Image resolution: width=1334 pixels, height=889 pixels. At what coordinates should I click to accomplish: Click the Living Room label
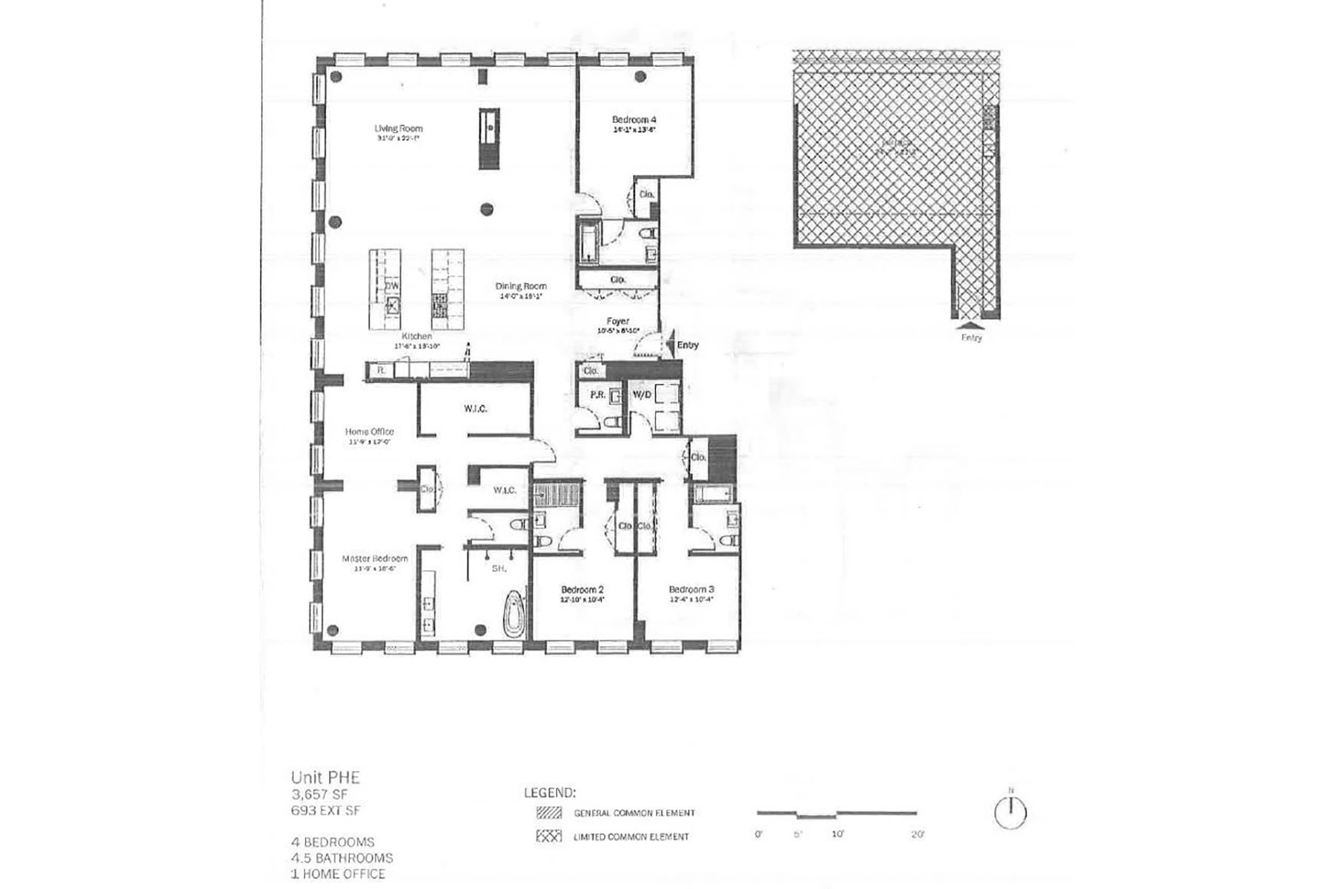tap(398, 128)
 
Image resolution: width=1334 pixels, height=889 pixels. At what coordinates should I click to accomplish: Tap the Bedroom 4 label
tap(634, 119)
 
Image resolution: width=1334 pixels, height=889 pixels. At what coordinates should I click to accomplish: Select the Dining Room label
tap(521, 286)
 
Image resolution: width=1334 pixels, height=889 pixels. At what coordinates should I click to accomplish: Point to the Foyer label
tap(617, 322)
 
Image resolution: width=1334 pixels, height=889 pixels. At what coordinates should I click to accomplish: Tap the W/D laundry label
tap(642, 394)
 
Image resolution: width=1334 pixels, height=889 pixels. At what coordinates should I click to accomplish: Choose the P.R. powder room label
tap(597, 395)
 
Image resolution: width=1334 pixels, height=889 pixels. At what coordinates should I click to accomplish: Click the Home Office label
tap(369, 431)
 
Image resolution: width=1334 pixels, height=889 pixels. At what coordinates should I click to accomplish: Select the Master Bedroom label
tap(374, 559)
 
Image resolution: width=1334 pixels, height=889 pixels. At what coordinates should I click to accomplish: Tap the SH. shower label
tap(499, 568)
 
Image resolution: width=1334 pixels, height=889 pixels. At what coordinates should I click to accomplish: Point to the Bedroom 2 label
tap(583, 590)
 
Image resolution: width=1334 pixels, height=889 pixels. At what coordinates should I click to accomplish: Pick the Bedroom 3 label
tap(691, 590)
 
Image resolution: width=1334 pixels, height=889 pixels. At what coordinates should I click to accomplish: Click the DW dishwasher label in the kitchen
tap(391, 285)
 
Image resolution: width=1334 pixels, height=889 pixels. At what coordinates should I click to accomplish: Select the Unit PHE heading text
tap(325, 778)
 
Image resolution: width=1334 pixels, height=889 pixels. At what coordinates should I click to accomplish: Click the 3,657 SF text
tap(321, 794)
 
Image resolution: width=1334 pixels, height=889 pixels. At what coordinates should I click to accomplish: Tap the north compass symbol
tap(1009, 812)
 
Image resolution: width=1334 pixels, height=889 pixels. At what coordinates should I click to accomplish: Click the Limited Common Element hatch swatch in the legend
tap(549, 836)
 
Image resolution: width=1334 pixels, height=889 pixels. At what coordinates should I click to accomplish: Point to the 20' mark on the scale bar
tap(917, 834)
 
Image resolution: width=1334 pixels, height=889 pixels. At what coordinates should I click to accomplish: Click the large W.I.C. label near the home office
tap(476, 409)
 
